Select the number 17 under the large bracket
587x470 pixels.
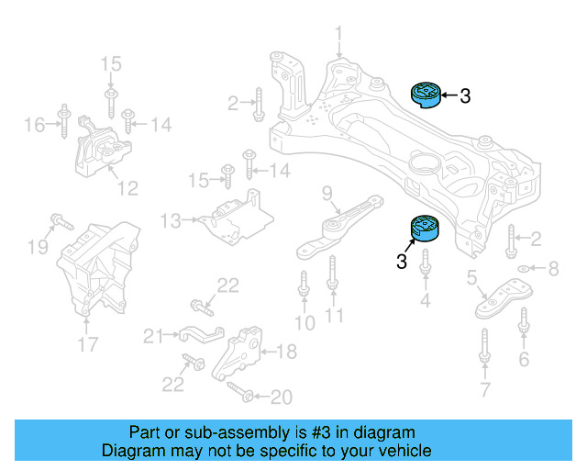point(87,345)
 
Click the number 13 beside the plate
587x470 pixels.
point(171,220)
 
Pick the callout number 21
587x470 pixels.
point(153,336)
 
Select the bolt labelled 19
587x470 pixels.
point(60,221)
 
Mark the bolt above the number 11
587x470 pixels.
point(332,274)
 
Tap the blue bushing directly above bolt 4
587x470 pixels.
point(424,229)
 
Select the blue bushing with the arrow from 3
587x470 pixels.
point(426,94)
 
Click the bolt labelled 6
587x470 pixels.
point(524,322)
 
